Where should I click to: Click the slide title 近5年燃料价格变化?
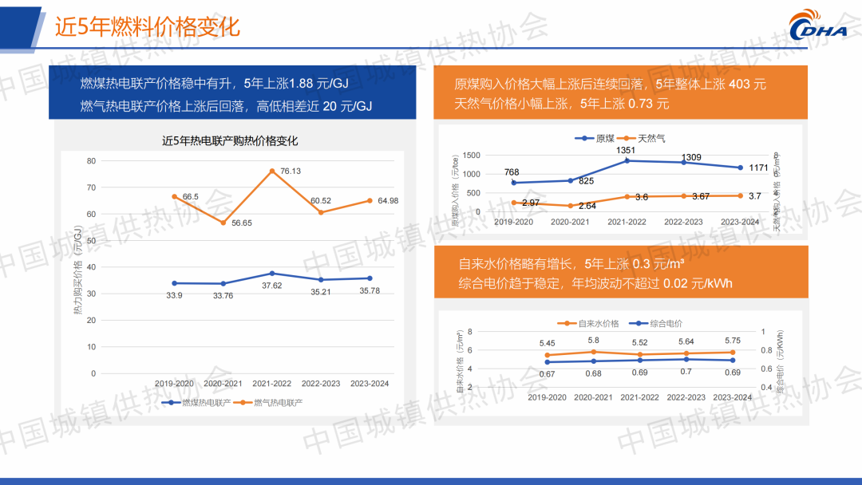pos(147,26)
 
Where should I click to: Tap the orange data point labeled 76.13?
pos(272,172)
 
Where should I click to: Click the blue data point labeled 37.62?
pos(272,274)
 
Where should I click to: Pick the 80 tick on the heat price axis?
pos(91,161)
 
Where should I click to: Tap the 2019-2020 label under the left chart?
pos(174,384)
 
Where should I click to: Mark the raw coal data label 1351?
pos(626,150)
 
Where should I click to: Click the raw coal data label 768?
pos(512,172)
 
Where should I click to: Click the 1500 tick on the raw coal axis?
pos(472,156)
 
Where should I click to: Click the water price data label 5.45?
pos(547,343)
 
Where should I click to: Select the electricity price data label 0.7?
pos(686,372)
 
